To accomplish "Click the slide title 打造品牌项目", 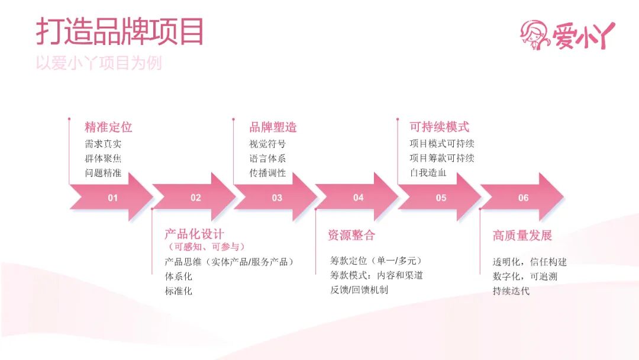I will pyautogui.click(x=120, y=31).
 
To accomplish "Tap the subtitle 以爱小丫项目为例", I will pyautogui.click(x=98, y=63).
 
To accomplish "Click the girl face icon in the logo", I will pyautogui.click(x=535, y=34).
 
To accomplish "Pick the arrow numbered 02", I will pyautogui.click(x=194, y=197).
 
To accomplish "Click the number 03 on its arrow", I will pyautogui.click(x=277, y=198).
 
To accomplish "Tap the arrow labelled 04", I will pyautogui.click(x=357, y=197).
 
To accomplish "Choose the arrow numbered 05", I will pyautogui.click(x=440, y=197).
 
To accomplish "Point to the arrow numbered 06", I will pyautogui.click(x=522, y=197).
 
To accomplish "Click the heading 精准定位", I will pyautogui.click(x=108, y=127).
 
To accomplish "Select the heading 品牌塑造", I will pyautogui.click(x=273, y=127).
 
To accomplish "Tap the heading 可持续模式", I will pyautogui.click(x=439, y=127).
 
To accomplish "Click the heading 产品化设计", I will pyautogui.click(x=194, y=234).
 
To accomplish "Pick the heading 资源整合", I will pyautogui.click(x=351, y=235).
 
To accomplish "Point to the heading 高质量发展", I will pyautogui.click(x=522, y=236).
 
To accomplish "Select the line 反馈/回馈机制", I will pyautogui.click(x=359, y=290).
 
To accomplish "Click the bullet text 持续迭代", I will pyautogui.click(x=511, y=291).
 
